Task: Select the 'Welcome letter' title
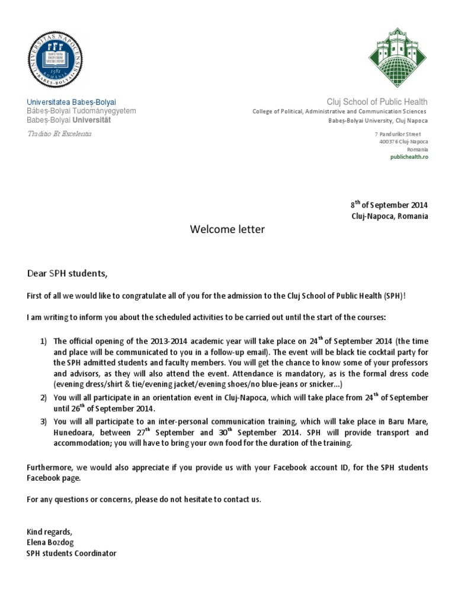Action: tap(227, 229)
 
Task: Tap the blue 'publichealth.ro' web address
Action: tap(409, 157)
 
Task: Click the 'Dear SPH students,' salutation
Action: tap(68, 273)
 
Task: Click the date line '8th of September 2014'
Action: tap(389, 205)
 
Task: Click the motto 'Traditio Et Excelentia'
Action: tap(59, 134)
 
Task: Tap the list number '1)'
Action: tap(43, 341)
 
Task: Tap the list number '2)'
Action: tap(43, 397)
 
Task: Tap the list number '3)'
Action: tap(43, 422)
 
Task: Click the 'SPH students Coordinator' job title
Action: tap(72, 553)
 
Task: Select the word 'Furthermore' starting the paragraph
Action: tap(49, 468)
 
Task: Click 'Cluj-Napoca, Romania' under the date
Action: tap(389, 216)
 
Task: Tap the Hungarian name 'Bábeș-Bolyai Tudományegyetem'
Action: tap(82, 111)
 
